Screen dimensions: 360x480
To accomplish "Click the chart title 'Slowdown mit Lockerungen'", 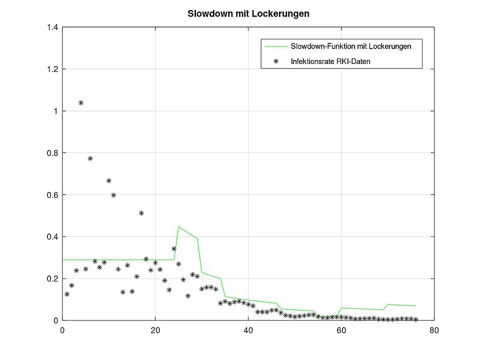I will pos(248,13).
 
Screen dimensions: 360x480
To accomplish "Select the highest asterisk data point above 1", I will pos(81,103).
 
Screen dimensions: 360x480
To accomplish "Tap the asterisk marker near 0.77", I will pos(90,158).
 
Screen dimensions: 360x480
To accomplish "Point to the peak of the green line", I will pos(178,226).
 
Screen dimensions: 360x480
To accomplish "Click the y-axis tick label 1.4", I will pos(52,27).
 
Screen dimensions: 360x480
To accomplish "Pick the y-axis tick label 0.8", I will pos(52,153).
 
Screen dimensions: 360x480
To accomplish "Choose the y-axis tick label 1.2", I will pos(52,69).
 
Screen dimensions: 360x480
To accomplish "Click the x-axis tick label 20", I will pos(155,330).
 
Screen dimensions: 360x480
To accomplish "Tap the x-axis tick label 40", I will pos(248,330).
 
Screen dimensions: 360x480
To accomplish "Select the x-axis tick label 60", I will pos(341,330).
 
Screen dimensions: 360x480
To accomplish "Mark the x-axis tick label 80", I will pos(434,330).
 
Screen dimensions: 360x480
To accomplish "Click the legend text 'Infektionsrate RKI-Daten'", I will pos(330,61).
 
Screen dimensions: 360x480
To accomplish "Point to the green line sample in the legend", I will pos(275,46).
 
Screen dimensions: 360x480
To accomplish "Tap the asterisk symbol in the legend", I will pos(275,61).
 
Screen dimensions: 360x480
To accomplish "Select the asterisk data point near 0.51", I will pos(141,213).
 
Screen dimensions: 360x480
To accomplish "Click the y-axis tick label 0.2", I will pos(52,278).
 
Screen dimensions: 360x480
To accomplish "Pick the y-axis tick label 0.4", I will pos(52,236).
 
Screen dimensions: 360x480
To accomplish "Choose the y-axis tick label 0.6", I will pos(52,195).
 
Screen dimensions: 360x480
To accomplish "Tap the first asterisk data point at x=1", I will pos(67,294).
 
